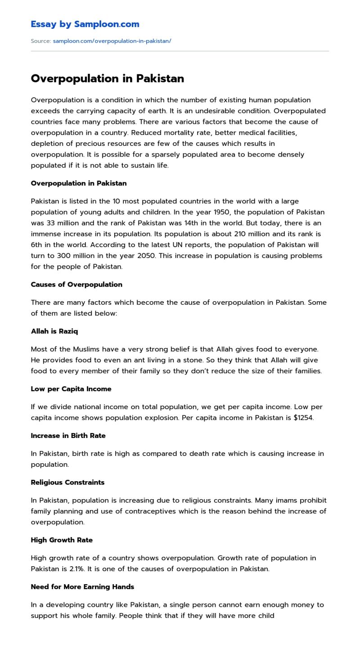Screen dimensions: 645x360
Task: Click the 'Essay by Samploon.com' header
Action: (85, 24)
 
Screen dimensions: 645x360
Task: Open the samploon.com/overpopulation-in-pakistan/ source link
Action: (112, 41)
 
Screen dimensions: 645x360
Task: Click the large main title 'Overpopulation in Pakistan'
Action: (108, 79)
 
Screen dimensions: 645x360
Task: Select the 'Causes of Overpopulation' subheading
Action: (76, 284)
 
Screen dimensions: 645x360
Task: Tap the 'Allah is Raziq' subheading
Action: (54, 331)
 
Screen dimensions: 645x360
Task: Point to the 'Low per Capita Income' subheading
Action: (71, 389)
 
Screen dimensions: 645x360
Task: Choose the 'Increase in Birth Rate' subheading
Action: (68, 436)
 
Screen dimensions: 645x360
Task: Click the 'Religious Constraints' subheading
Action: (67, 483)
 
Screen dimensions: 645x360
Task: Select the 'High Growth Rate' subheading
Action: (62, 540)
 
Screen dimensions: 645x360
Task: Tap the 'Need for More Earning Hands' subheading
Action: (82, 587)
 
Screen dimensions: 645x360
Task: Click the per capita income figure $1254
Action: (303, 418)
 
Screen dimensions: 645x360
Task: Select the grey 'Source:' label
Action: (41, 41)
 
